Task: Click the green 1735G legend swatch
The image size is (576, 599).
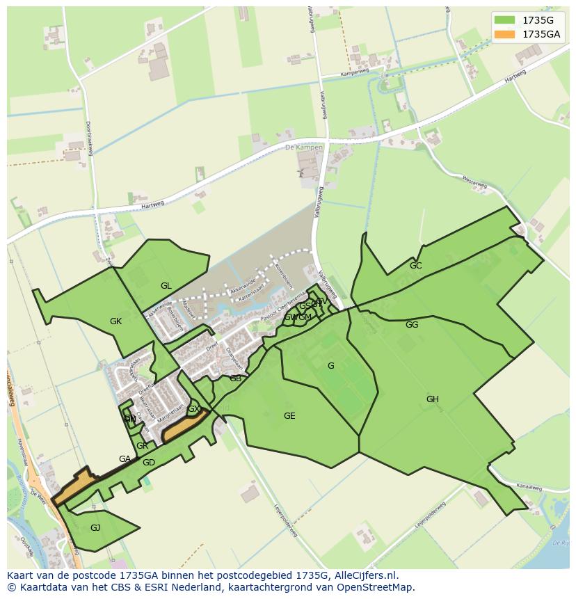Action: (x=504, y=19)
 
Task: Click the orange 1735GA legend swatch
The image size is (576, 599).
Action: (x=504, y=34)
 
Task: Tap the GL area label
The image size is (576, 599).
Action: (x=166, y=286)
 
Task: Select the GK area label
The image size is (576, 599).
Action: (x=115, y=321)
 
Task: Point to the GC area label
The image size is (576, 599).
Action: (x=415, y=266)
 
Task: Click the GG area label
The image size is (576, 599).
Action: (x=412, y=325)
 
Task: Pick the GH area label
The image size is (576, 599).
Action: (x=433, y=399)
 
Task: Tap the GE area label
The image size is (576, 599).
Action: (x=289, y=416)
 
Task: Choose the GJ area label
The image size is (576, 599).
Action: (x=95, y=528)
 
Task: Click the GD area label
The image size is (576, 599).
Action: (x=148, y=463)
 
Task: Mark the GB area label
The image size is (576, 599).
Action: (x=235, y=378)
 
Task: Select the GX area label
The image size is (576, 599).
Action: (x=194, y=410)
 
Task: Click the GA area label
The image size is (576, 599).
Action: (x=125, y=459)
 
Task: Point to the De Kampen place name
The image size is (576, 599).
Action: (x=304, y=148)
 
